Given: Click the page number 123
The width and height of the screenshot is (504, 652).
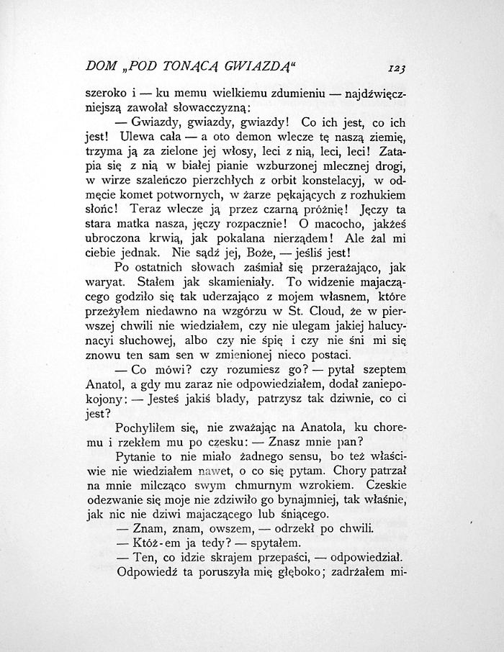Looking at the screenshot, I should [396, 69].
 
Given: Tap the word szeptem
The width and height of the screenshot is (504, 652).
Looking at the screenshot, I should [384, 370].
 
